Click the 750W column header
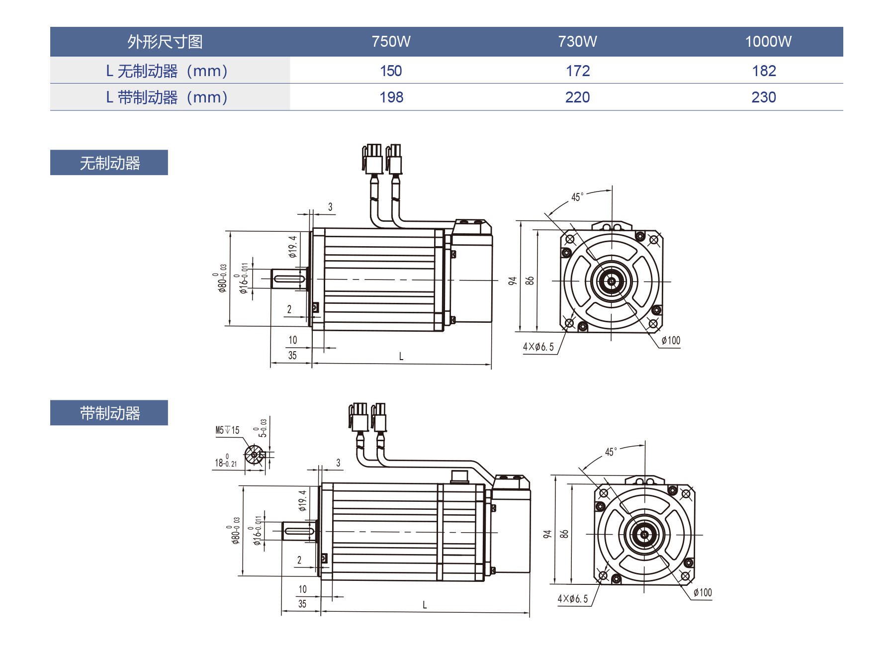pyautogui.click(x=391, y=41)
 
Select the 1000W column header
pyautogui.click(x=768, y=41)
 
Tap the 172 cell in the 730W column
pyautogui.click(x=577, y=71)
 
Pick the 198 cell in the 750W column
pyautogui.click(x=391, y=97)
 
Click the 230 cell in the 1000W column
pyautogui.click(x=763, y=97)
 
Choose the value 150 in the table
pyautogui.click(x=391, y=71)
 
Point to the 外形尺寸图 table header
pyautogui.click(x=165, y=41)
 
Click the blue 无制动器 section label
pyautogui.click(x=109, y=163)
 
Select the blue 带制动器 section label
pyautogui.click(x=109, y=413)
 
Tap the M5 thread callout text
pyautogui.click(x=227, y=430)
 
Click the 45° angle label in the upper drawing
pyautogui.click(x=577, y=197)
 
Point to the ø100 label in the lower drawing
pyautogui.click(x=702, y=592)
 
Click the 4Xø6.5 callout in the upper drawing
pyautogui.click(x=538, y=347)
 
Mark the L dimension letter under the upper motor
pyautogui.click(x=401, y=356)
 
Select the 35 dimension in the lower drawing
pyautogui.click(x=302, y=604)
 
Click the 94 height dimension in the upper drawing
pyautogui.click(x=513, y=281)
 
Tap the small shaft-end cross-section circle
pyautogui.click(x=254, y=455)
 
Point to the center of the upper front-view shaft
pyautogui.click(x=612, y=281)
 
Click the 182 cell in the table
pyautogui.click(x=764, y=71)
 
